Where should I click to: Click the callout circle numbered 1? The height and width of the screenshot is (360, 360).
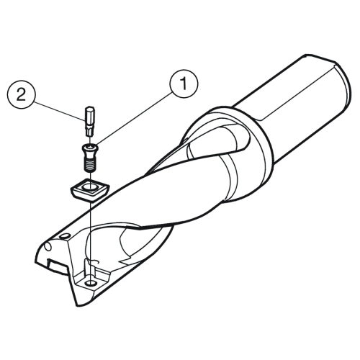pyautogui.click(x=184, y=84)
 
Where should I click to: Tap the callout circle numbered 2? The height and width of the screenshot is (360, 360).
pyautogui.click(x=22, y=95)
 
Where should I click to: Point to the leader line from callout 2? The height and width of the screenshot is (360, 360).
pyautogui.click(x=58, y=110)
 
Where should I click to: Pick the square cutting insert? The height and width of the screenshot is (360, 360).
pyautogui.click(x=89, y=190)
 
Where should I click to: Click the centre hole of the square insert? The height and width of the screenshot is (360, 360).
pyautogui.click(x=90, y=186)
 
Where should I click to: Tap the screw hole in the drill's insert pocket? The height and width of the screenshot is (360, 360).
pyautogui.click(x=91, y=283)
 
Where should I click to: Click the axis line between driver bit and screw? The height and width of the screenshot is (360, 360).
pyautogui.click(x=90, y=140)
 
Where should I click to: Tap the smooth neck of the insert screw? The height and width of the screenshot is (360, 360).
pyautogui.click(x=90, y=155)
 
